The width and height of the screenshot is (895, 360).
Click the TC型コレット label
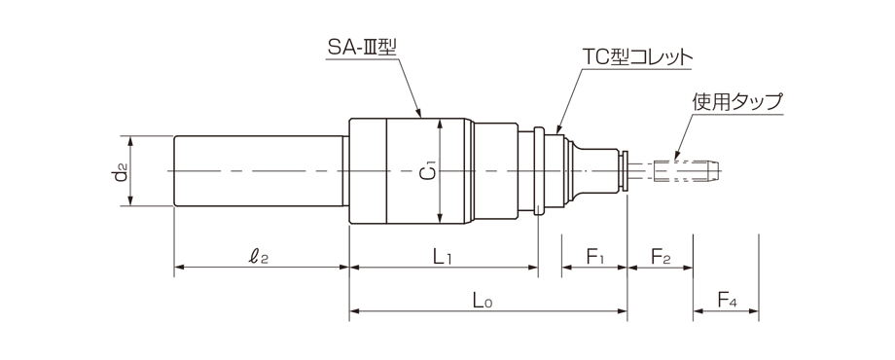click(637, 57)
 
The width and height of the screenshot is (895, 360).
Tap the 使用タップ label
click(737, 101)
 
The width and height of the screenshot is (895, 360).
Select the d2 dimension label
click(118, 172)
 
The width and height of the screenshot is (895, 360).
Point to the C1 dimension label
click(426, 172)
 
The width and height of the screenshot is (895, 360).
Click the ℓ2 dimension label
click(258, 257)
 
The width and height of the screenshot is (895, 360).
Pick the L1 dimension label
click(442, 257)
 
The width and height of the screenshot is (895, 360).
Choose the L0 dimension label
click(483, 302)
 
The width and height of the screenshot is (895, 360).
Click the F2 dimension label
click(660, 257)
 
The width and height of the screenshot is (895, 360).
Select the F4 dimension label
click(726, 302)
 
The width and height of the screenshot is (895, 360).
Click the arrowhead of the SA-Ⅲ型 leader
click(420, 117)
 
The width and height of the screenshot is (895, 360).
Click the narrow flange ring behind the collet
click(538, 171)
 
